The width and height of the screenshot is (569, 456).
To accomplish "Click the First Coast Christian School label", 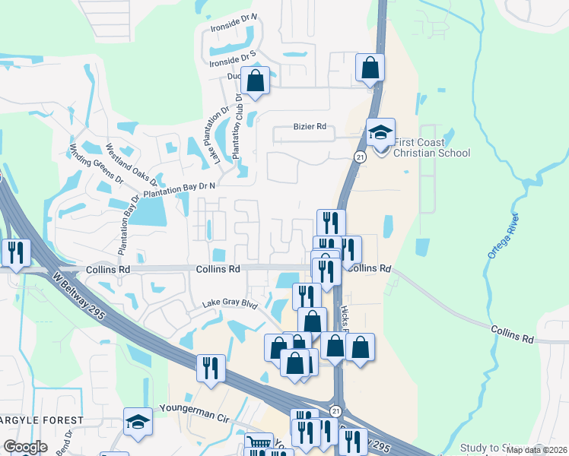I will click(x=432, y=147).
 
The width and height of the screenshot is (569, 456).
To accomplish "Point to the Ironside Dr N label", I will click(x=234, y=37).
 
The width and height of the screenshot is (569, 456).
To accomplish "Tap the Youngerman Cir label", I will click(x=194, y=408).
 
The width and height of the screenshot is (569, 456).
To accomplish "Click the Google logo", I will click(x=25, y=447).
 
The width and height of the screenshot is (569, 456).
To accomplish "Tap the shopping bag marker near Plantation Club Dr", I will click(x=256, y=80).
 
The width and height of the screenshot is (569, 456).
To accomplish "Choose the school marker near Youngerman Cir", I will click(x=138, y=422).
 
